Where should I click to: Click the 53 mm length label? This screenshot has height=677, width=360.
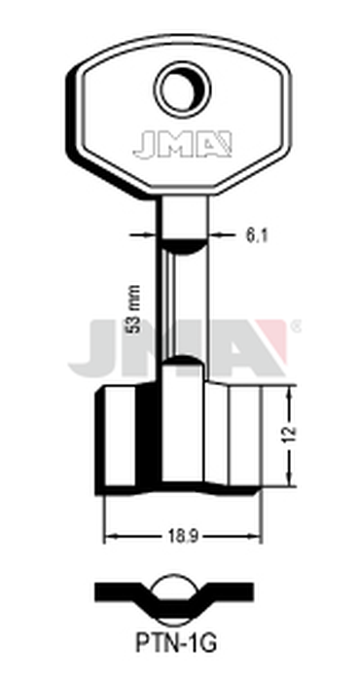[x=133, y=308]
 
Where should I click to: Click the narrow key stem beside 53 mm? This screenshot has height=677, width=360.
[x=181, y=292]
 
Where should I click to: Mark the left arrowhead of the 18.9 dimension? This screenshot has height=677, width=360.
[x=108, y=535]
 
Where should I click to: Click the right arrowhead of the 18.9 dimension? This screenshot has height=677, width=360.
[x=257, y=535]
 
